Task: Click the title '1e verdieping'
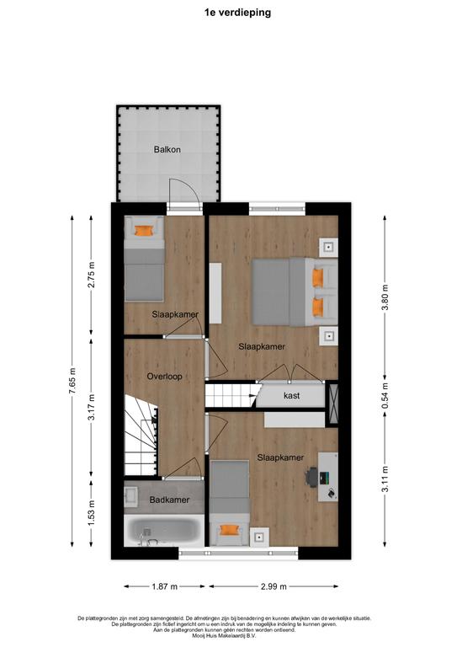[238, 13]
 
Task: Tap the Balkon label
[167, 149]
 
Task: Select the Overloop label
[164, 377]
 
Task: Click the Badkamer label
[169, 500]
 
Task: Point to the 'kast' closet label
[292, 395]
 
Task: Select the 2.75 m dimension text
[92, 275]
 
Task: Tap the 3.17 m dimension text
[92, 407]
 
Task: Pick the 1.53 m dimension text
[92, 511]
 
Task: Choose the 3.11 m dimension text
[385, 479]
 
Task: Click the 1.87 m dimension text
[165, 586]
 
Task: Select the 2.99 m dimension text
[274, 586]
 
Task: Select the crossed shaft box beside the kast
[332, 404]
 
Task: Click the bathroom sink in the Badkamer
[131, 496]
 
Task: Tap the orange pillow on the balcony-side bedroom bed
[144, 230]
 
